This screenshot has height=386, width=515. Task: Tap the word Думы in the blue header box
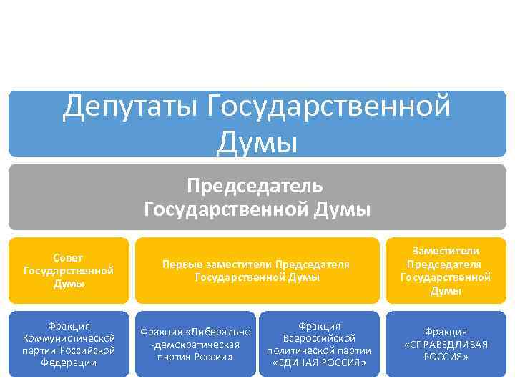(257, 140)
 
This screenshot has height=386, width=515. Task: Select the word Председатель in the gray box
(255, 186)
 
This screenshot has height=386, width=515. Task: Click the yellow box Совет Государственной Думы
(69, 270)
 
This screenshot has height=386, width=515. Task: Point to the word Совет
(69, 257)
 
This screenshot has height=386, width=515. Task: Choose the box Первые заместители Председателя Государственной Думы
(256, 270)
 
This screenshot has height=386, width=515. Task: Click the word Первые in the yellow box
(179, 264)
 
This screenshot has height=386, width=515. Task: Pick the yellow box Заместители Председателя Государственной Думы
(445, 270)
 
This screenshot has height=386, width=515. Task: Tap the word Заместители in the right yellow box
(445, 251)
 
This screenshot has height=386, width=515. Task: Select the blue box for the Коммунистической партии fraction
(69, 344)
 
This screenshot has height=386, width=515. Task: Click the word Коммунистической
(69, 338)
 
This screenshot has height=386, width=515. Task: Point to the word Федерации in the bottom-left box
(69, 362)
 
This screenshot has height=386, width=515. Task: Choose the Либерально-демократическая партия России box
(195, 344)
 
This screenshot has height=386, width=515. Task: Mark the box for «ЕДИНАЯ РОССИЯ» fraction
(318, 344)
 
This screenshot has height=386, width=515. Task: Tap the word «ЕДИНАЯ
(299, 362)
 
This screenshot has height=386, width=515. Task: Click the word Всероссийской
(319, 338)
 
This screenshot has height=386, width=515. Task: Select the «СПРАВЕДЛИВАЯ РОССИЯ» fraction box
(445, 344)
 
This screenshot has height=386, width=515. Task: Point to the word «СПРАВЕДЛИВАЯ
(446, 344)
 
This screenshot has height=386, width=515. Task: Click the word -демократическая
(195, 344)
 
